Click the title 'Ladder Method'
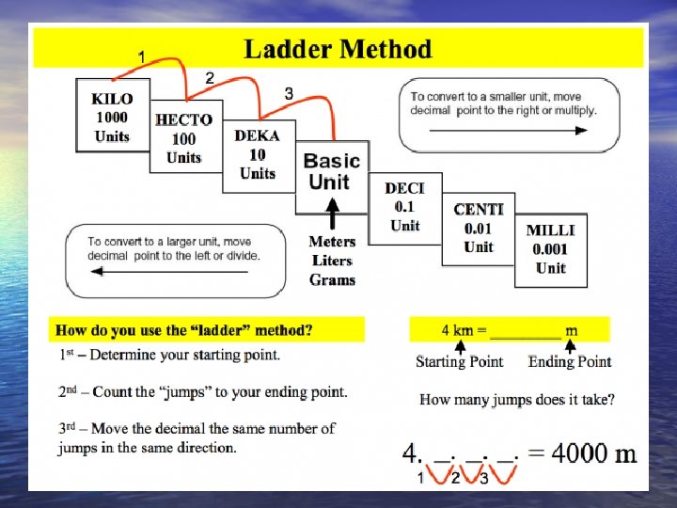[x=338, y=49]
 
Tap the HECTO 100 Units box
[x=184, y=137]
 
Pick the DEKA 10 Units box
[x=257, y=154]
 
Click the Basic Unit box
[x=331, y=171]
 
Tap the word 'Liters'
[x=332, y=261]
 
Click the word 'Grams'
[x=332, y=279]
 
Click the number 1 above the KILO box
[x=141, y=57]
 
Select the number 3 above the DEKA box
[x=289, y=93]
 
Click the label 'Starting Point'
[x=459, y=362]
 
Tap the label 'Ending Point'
[x=570, y=362]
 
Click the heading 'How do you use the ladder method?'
[x=184, y=330]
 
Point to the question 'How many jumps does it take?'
[x=517, y=400]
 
